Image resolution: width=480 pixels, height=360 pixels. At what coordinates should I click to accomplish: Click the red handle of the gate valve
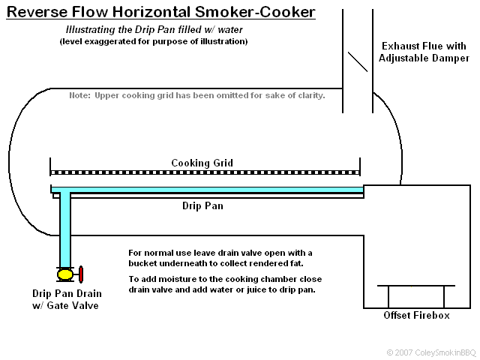point(81,273)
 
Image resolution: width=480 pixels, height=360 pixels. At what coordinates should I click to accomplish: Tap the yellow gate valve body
point(65,274)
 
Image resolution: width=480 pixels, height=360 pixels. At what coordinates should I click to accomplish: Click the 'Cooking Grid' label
point(202,163)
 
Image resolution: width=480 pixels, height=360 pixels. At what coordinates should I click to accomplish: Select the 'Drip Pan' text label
point(202,205)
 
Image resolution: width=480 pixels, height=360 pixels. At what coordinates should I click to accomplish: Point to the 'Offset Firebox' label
point(416,315)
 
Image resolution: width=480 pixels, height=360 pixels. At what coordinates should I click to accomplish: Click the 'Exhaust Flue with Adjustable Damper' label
point(424,52)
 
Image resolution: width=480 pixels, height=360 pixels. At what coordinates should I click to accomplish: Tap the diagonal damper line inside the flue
point(358,61)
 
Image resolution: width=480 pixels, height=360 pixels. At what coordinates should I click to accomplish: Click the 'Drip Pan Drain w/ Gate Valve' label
point(67,299)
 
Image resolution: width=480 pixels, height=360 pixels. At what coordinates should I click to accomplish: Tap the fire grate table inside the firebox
point(415,286)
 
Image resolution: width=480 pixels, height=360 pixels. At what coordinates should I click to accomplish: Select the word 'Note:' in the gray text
point(79,96)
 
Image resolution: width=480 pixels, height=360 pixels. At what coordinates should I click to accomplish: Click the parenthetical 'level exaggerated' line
point(153,41)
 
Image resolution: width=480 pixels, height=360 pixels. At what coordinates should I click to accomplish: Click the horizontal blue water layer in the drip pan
point(210,189)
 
